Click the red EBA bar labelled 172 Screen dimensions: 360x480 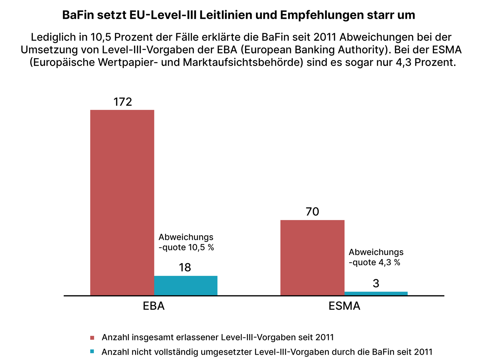(x=122, y=202)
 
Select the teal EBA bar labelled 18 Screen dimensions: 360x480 (x=186, y=286)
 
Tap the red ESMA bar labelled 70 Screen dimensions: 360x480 (x=312, y=257)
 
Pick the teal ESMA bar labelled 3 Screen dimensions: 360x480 (x=376, y=293)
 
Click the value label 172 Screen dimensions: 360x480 (x=122, y=102)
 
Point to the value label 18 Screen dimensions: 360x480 (x=185, y=268)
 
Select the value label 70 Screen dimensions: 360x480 (x=312, y=212)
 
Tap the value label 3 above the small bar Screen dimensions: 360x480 (x=376, y=284)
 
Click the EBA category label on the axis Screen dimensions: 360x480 (x=153, y=306)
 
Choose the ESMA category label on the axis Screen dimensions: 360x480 (x=344, y=306)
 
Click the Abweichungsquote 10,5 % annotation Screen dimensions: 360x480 (x=186, y=242)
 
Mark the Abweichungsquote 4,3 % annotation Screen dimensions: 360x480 (x=376, y=257)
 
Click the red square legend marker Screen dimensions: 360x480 (x=92, y=338)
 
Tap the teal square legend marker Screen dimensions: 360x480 (x=92, y=352)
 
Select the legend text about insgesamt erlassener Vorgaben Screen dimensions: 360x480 (x=218, y=337)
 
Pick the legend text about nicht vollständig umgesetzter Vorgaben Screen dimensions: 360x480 (x=267, y=352)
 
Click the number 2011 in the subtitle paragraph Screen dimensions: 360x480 (x=325, y=37)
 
